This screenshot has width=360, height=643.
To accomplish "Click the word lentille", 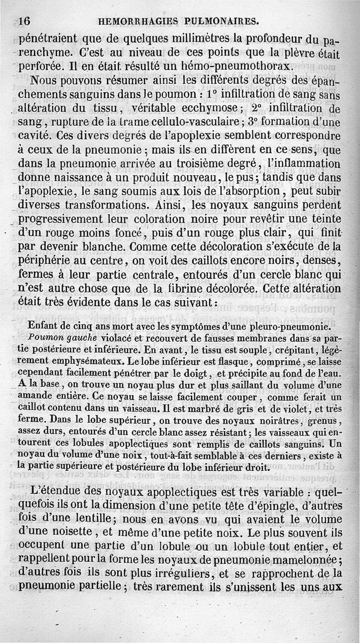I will [x=82, y=519].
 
